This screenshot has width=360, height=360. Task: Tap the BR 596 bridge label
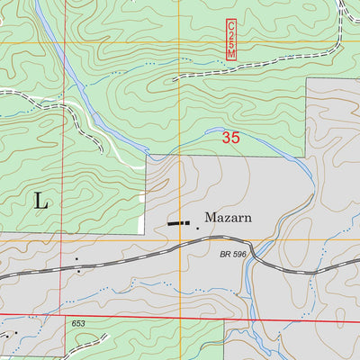coord(233,255)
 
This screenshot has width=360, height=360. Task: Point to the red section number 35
coord(231,139)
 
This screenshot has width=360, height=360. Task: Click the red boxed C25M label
coord(231,40)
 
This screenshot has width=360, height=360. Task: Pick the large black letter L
coord(41,201)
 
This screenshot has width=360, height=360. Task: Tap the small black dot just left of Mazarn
coord(197,228)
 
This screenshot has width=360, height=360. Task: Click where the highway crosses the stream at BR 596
coord(254,257)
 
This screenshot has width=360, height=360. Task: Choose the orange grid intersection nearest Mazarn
coord(179,239)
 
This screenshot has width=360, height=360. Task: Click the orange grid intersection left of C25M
coord(179,41)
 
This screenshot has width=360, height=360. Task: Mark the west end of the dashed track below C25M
coord(173,79)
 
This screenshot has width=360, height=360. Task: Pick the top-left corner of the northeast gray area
coord(307,78)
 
